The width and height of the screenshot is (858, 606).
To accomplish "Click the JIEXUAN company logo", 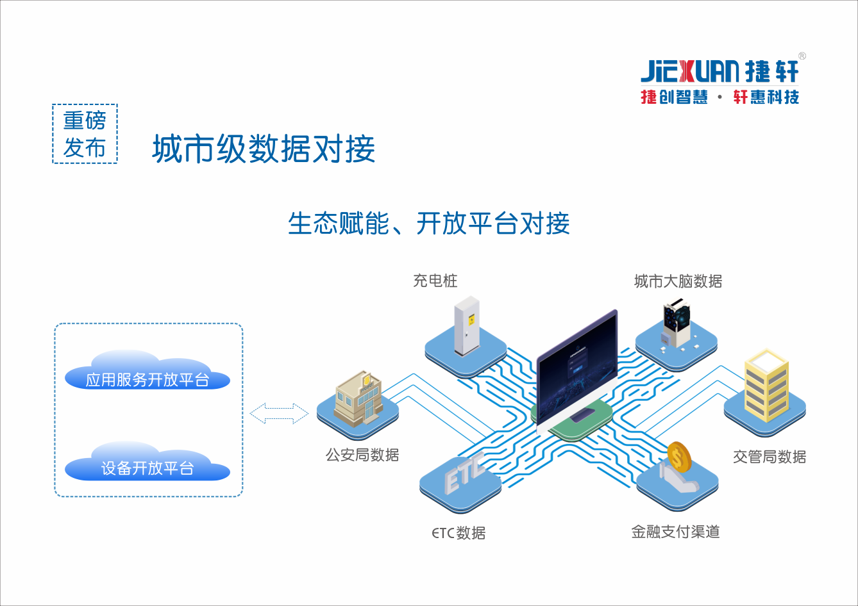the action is pyautogui.click(x=723, y=79).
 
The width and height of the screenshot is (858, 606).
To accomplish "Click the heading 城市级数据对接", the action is pyautogui.click(x=264, y=149).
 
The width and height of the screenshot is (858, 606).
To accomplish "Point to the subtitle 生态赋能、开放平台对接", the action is pyautogui.click(x=428, y=223).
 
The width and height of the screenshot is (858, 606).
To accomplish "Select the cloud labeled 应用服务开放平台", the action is pyautogui.click(x=147, y=370).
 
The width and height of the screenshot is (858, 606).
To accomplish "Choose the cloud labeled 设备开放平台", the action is pyautogui.click(x=147, y=461).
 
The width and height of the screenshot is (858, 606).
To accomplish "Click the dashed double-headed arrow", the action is pyautogui.click(x=279, y=414).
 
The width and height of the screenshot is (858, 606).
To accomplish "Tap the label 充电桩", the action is pyautogui.click(x=435, y=281).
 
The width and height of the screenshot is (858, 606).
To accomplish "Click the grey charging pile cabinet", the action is pyautogui.click(x=467, y=326).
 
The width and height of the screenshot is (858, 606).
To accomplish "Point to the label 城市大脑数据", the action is pyautogui.click(x=678, y=281).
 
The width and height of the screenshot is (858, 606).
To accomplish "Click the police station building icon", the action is pyautogui.click(x=358, y=398).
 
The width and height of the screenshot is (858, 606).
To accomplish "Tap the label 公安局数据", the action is pyautogui.click(x=362, y=455).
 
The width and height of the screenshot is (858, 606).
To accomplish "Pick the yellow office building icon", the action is pyautogui.click(x=766, y=385).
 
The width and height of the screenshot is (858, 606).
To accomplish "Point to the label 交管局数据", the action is pyautogui.click(x=770, y=457).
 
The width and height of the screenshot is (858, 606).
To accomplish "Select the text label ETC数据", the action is pyautogui.click(x=458, y=533).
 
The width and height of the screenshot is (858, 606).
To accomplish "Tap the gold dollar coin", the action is pyautogui.click(x=680, y=457).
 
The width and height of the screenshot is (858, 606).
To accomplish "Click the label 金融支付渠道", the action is pyautogui.click(x=676, y=532).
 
